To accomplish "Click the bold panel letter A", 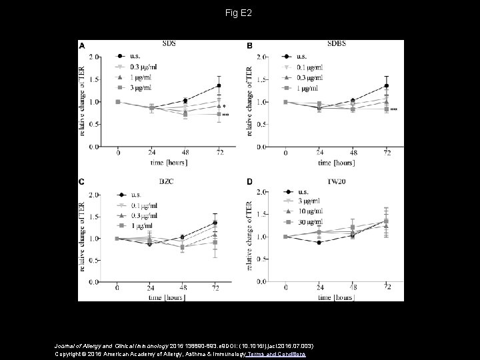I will pos(82,45).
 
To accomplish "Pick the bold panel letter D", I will pos(249,182).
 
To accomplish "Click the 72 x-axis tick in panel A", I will pos(219,153).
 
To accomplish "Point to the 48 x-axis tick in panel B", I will pos(353,153).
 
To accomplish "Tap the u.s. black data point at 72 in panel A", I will pos(219,85).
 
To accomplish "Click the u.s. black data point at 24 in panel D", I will pos(319,243).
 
